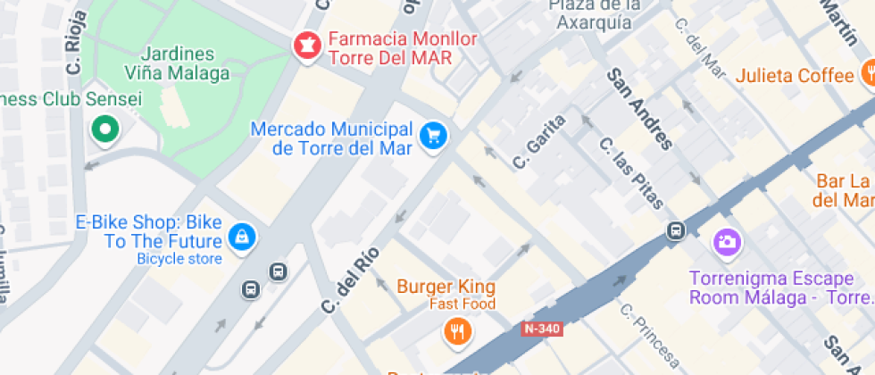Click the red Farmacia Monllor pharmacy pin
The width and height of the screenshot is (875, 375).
[307, 46]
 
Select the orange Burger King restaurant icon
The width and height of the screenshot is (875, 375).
[456, 332]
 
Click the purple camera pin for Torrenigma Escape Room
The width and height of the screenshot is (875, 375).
[725, 241]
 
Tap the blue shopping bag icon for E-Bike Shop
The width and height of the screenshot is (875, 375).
[242, 236]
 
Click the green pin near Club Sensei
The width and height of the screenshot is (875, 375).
[105, 129]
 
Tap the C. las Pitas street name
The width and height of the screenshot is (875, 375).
[631, 173]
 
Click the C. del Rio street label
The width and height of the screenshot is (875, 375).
[351, 279]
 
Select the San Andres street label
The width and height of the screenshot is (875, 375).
[638, 108]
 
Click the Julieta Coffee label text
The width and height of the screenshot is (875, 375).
[795, 76]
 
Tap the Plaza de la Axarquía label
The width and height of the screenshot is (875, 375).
[596, 14]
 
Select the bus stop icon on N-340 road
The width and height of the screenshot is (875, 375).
[676, 231]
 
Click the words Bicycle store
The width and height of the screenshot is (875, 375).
[179, 259]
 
